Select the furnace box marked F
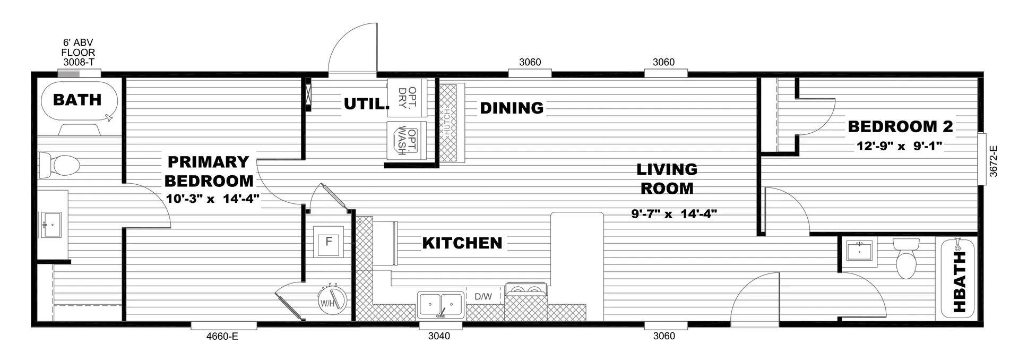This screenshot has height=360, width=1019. tap(329, 242)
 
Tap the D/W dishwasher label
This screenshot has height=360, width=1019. tap(483, 297)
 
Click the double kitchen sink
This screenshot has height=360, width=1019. tap(441, 304)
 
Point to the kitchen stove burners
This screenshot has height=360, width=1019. tap(525, 290)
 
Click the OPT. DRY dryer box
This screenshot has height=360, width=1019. tap(407, 98)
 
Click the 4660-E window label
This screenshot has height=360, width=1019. tap(223, 336)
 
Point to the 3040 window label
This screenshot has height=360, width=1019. tap(439, 336)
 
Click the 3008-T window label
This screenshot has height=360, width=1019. tap(79, 62)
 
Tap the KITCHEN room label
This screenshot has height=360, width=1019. tap(462, 243)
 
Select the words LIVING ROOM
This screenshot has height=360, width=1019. tap(667, 179)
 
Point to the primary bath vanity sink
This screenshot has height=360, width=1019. tap(51, 225)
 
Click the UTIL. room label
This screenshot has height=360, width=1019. tap(365, 104)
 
